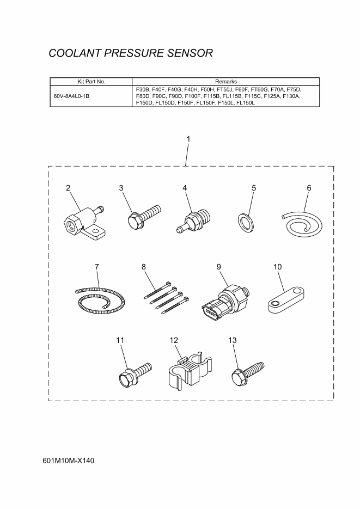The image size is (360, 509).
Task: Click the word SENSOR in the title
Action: click(190, 53)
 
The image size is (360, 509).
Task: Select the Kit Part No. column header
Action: click(91, 82)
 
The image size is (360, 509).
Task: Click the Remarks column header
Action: click(226, 82)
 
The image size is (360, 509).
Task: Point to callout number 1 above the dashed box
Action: click(188, 139)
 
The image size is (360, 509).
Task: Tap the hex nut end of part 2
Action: click(72, 224)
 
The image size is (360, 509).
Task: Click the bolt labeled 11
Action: click(135, 375)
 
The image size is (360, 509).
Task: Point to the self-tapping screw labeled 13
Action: click(248, 373)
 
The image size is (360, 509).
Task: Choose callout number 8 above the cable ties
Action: click(144, 267)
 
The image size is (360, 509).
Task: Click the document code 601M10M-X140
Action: click(68, 461)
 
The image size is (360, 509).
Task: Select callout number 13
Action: click(233, 340)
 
